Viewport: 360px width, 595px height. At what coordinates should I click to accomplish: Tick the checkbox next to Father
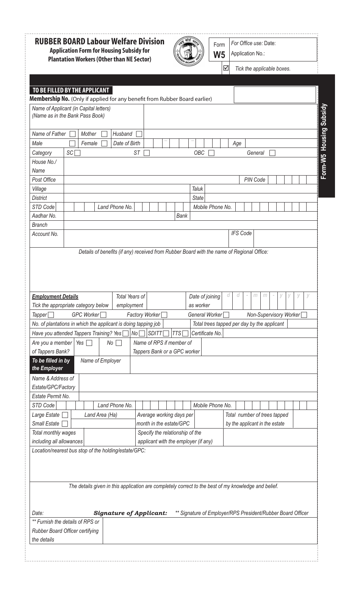point(72,134)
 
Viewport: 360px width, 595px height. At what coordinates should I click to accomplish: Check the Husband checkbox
point(139,134)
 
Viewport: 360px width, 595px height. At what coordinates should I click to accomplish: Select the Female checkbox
point(104,143)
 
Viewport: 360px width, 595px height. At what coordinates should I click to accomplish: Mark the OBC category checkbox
point(211,153)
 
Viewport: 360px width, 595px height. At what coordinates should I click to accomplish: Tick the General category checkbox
point(272,153)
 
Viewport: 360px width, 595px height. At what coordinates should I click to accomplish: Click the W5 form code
point(219,55)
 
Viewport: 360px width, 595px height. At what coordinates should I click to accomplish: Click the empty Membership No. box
point(275,95)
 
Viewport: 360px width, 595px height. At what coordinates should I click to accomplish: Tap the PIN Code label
point(254,180)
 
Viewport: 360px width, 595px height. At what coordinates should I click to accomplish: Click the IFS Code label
point(241,233)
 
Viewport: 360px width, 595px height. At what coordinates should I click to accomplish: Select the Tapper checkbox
point(51,315)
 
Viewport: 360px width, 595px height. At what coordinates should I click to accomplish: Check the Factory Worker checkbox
point(164,315)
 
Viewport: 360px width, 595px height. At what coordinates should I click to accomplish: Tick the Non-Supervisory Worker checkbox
point(304,315)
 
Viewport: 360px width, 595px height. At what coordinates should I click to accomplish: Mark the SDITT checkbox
point(166,333)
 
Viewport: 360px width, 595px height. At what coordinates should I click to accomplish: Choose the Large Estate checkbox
point(65,415)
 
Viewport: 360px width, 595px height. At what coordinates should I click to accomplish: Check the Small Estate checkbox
point(65,424)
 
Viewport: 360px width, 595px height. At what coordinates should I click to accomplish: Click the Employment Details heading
point(55,297)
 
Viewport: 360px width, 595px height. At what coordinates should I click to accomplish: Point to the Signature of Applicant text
point(130,513)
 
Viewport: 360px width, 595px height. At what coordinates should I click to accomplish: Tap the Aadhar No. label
point(44,216)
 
